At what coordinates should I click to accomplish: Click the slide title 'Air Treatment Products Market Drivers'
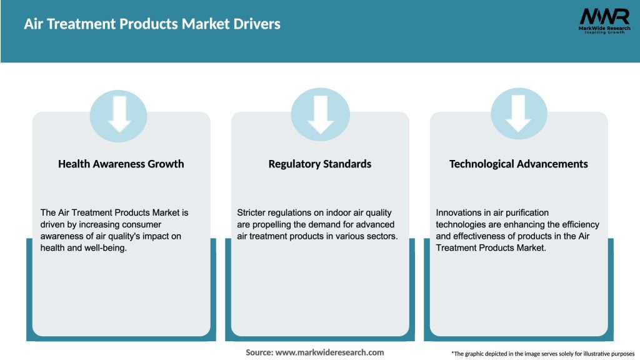[152, 24]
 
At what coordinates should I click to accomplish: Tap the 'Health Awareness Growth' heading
[121, 164]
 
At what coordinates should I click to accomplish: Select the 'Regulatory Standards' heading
[320, 164]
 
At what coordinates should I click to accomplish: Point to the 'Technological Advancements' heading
[519, 164]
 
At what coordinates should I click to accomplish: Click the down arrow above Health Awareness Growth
[119, 113]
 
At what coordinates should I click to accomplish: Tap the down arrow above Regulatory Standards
[320, 113]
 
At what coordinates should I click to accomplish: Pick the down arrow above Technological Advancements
[519, 113]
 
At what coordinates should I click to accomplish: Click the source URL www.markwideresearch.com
[330, 352]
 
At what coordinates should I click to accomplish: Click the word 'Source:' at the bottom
[259, 352]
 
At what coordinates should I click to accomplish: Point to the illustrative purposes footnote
[542, 354]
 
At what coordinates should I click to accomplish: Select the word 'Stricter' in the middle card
[252, 213]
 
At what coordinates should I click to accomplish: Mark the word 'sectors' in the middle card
[381, 236]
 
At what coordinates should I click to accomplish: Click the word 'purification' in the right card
[522, 213]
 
